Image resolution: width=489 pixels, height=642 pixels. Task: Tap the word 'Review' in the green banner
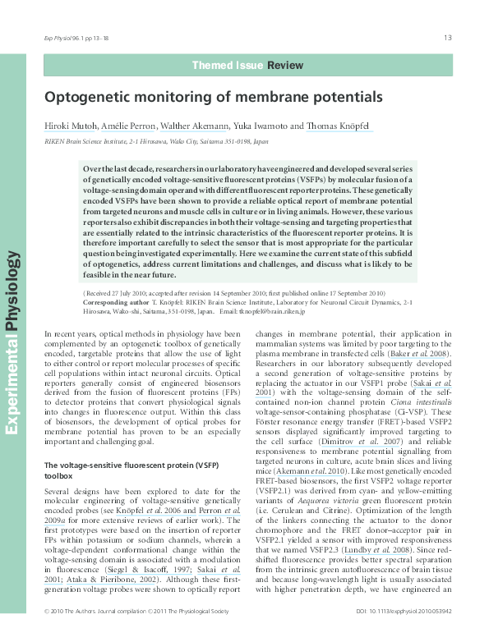(x=284, y=64)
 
